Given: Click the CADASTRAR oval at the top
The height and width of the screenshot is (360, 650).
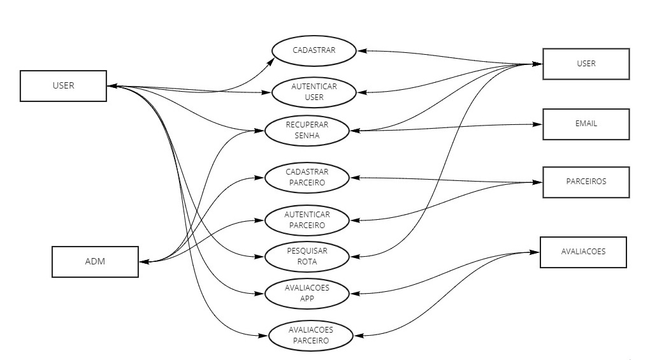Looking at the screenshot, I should (314, 50).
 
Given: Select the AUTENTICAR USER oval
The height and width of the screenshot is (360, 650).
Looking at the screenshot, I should (314, 92).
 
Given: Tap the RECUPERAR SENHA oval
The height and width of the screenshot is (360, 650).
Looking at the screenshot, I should (307, 130).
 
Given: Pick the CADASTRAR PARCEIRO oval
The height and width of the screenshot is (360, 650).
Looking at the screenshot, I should (307, 177).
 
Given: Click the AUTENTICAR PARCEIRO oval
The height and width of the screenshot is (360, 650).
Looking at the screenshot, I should (307, 220).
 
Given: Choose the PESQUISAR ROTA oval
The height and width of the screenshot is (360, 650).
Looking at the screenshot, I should (307, 256).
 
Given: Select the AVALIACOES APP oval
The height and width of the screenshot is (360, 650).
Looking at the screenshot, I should (307, 293).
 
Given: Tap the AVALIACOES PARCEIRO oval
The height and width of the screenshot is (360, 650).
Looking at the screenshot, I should (310, 335).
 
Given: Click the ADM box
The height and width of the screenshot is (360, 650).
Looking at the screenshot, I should (95, 261).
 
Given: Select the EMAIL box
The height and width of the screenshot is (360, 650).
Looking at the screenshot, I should (586, 124).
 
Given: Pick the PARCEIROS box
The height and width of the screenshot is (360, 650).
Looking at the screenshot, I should (586, 182).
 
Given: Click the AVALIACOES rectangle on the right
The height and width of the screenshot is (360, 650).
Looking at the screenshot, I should (583, 252).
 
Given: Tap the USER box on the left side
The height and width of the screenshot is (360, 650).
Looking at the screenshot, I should (63, 85).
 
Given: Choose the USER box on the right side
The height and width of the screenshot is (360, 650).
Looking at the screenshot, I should (586, 64).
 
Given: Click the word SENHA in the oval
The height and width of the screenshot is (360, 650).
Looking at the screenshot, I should (307, 135).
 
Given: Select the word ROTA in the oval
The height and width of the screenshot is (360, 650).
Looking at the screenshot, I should (307, 261).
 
